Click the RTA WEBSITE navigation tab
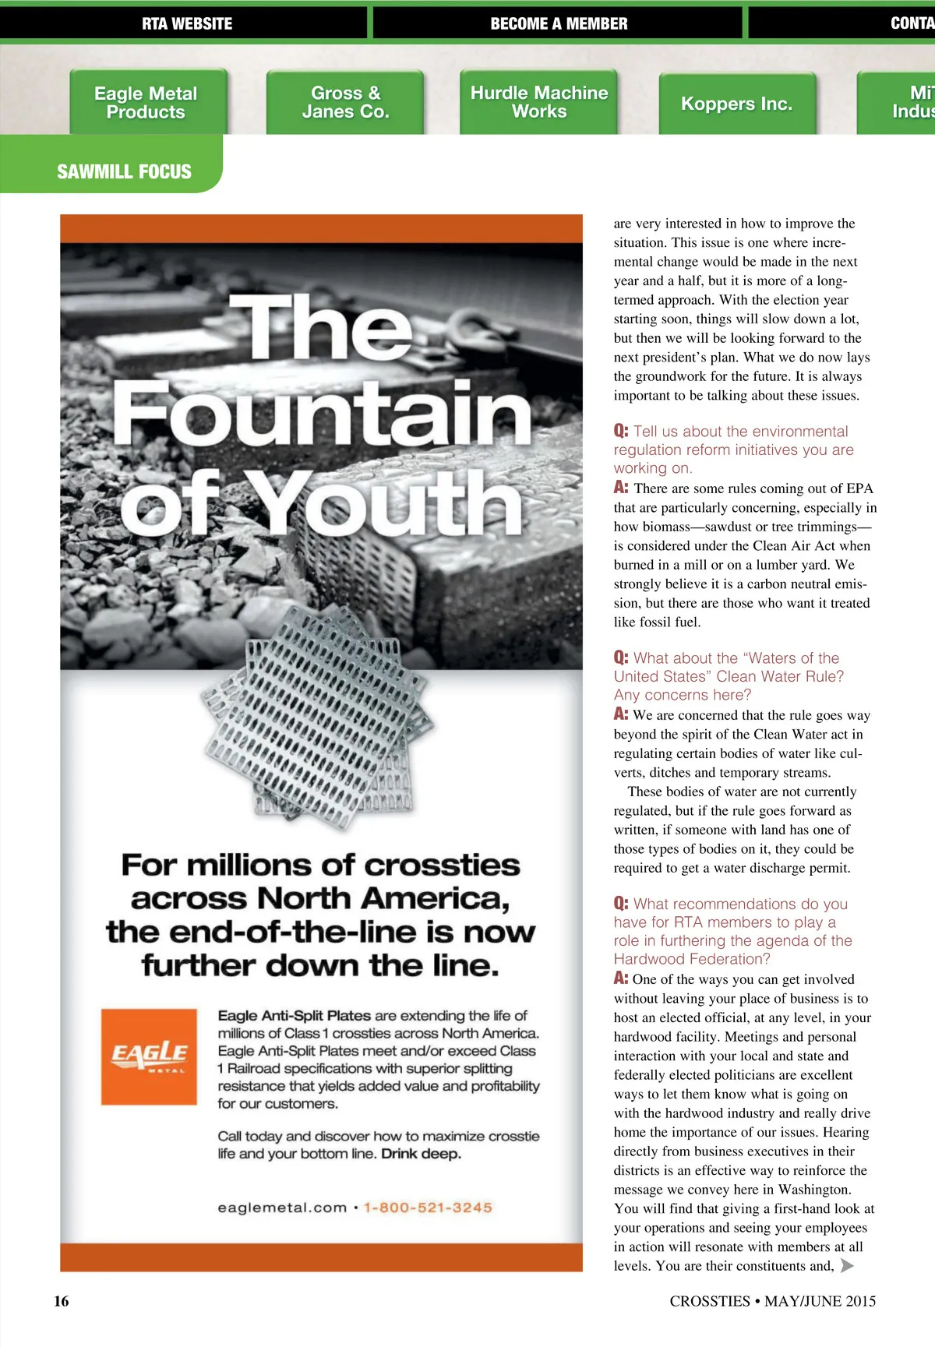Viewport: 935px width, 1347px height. pos(187,23)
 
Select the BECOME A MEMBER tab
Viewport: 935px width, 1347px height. pos(558,23)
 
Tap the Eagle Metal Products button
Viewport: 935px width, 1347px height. pos(146,103)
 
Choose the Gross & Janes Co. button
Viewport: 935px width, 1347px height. pos(345,103)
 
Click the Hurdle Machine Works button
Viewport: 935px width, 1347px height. pos(539,102)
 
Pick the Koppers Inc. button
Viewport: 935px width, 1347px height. pos(736,104)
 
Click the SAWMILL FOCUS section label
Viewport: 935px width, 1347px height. pos(124,171)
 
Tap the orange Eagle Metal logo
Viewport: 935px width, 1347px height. pos(149,1056)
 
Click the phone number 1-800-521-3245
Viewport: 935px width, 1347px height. pos(428,1208)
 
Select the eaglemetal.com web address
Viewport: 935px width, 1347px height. pos(282,1208)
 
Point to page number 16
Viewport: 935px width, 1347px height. pos(62,1301)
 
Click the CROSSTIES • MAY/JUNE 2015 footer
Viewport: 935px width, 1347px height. pos(772,1301)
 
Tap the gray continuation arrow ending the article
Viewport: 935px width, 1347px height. pos(847,1265)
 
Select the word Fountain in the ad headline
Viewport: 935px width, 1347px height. pos(323,413)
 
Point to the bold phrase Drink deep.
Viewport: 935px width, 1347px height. pos(422,1154)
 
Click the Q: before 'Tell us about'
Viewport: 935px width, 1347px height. pos(621,431)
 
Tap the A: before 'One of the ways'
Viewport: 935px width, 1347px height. pos(621,979)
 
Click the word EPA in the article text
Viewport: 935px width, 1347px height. pos(859,488)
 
